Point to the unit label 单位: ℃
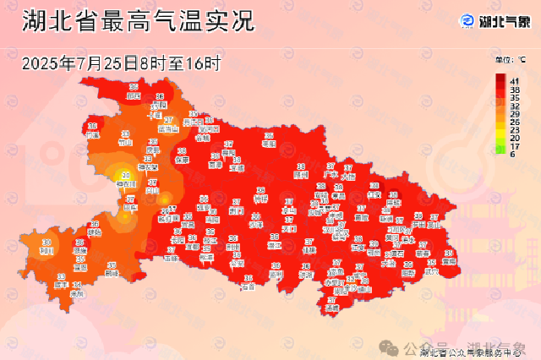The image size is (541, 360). pos(511,60)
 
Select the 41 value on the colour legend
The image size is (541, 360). pos(514,79)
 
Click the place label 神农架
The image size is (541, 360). pos(127,183)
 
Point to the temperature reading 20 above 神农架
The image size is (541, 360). pos(126,175)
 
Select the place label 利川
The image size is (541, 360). pos(47,250)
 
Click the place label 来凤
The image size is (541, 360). pos(77,292)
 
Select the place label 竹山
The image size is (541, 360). pos(126,143)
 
